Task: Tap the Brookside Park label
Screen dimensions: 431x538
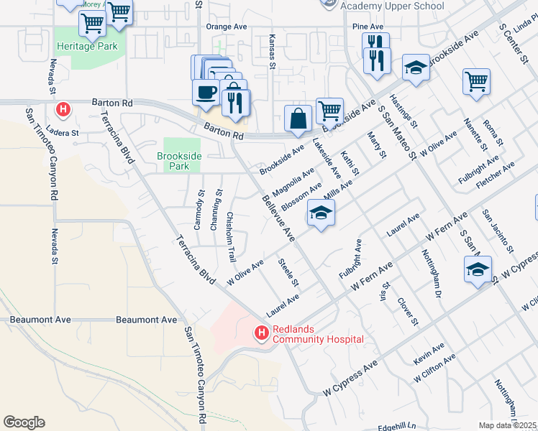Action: [173, 161]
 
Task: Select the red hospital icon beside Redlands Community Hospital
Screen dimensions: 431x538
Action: [260, 333]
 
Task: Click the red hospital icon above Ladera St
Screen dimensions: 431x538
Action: [63, 109]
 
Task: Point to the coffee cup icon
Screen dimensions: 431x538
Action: [206, 93]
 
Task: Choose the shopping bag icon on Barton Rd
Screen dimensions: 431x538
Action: [298, 118]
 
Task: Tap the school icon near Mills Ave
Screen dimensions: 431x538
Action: [322, 213]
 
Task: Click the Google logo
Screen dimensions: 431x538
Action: [24, 422]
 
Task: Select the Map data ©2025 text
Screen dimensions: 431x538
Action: [508, 425]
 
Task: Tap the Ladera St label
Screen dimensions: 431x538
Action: [63, 133]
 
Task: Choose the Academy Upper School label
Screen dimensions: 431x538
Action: [383, 6]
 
